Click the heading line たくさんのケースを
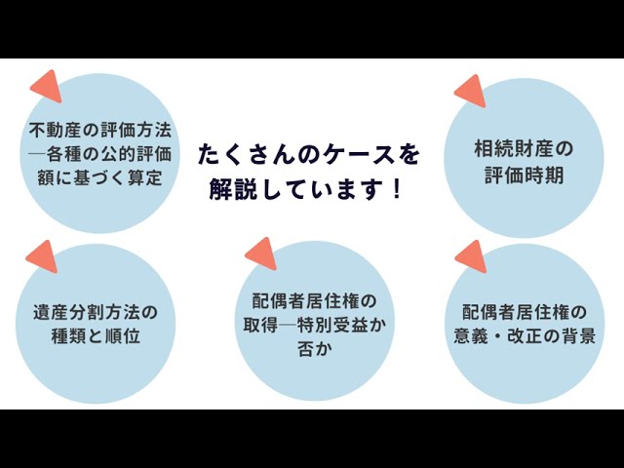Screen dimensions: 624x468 coord(309,155)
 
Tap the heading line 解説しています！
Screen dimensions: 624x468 coord(305,188)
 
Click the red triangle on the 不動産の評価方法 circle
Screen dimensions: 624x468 coord(48,86)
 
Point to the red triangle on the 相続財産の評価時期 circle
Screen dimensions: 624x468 coord(472,91)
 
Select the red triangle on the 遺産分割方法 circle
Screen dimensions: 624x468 coord(43,256)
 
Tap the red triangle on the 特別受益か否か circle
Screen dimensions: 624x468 coord(262,253)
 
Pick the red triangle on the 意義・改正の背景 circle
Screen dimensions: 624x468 coord(472,256)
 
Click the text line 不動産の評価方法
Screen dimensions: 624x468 coord(100,130)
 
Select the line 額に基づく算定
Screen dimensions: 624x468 coord(99,177)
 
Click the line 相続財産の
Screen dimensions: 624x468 coord(524,149)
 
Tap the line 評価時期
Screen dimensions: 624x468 coord(524,175)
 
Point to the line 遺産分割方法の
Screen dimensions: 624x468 coord(96,312)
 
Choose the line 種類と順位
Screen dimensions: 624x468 coord(96,336)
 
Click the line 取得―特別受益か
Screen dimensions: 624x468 coord(314,325)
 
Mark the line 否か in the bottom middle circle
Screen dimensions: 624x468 coord(314,349)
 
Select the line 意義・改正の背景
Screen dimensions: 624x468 coord(525,336)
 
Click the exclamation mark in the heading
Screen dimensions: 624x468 coord(396,188)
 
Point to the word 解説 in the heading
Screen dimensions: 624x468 coord(233,189)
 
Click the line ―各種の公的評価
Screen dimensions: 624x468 coord(100,154)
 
